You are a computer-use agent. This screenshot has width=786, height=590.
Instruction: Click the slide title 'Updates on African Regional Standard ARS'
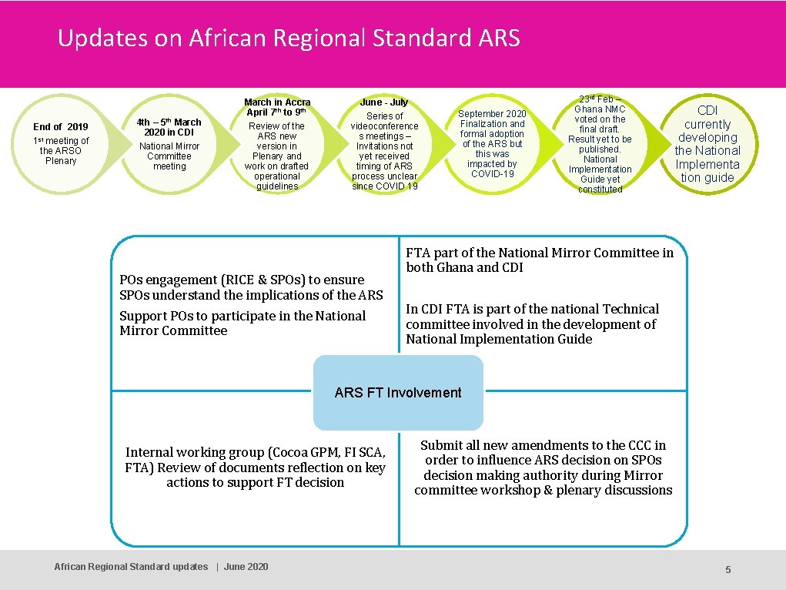[289, 38]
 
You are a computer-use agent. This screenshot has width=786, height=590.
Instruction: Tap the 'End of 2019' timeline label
[61, 126]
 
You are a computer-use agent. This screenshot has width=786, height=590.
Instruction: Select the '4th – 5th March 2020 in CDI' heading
[169, 127]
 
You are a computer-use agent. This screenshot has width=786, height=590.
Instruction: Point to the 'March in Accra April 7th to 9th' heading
[277, 107]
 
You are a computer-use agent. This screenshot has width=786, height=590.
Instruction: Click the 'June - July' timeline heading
[384, 102]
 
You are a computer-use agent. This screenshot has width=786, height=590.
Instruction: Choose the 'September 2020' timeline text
[492, 113]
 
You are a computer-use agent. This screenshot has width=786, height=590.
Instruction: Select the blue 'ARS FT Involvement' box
[398, 393]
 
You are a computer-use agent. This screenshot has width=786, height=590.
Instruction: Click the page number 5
[727, 569]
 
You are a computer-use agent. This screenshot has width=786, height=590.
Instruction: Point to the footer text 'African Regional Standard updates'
[131, 567]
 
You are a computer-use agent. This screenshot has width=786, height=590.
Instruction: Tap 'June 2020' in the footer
[246, 567]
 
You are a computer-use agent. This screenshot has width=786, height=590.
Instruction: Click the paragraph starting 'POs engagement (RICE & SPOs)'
[251, 287]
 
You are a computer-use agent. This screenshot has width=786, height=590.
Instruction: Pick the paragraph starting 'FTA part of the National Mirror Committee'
[539, 260]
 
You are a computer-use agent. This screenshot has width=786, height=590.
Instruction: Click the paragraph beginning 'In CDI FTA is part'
[532, 323]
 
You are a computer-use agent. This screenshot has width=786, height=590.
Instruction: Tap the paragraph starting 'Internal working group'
[255, 468]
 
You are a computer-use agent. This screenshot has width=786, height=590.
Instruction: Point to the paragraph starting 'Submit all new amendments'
[543, 468]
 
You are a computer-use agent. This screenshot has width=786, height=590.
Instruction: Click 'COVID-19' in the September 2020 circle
[492, 173]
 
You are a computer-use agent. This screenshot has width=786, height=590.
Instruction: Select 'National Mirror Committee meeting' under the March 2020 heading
[169, 156]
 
